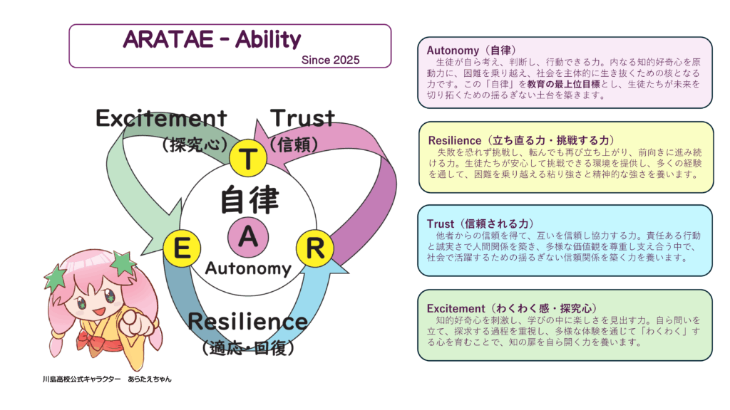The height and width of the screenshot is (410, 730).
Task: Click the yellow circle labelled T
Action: pos(247,158)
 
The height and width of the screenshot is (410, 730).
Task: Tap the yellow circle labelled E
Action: pos(182,248)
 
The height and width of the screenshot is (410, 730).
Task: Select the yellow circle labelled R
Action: pos(314,248)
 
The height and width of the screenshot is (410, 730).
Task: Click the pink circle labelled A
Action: pos(248,237)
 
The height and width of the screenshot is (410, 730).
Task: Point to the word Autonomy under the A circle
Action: pos(248,268)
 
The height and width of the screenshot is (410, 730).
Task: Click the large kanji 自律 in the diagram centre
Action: pos(250,199)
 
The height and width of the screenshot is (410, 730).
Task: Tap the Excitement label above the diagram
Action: pos(161,118)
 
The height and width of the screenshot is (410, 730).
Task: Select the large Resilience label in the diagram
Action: pos(247,321)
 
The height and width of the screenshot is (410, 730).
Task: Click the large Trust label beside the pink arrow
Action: pos(302,118)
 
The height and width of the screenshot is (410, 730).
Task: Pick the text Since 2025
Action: pos(330,60)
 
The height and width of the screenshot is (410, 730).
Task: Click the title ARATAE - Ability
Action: pos(212,40)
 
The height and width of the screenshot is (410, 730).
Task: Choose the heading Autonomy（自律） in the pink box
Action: pos(471,51)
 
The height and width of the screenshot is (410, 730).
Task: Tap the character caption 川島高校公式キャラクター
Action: pos(81,379)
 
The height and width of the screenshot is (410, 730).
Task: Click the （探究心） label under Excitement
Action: pos(195,144)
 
